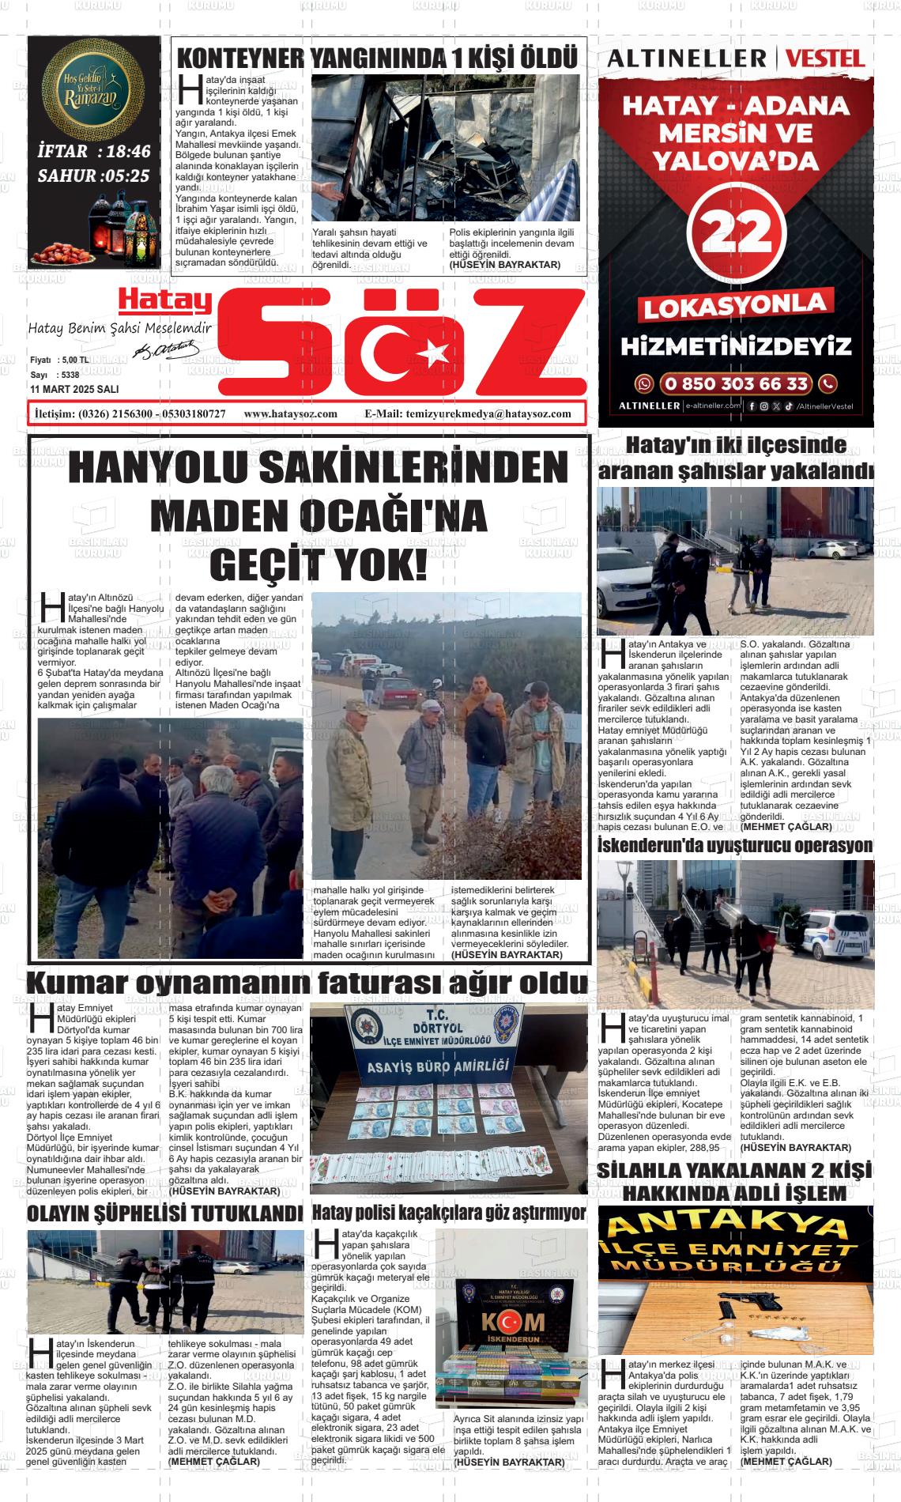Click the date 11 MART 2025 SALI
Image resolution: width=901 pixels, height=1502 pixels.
(x=74, y=390)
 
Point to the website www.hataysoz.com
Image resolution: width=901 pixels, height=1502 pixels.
(x=291, y=413)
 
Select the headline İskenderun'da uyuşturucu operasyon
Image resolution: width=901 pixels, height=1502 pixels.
(x=735, y=846)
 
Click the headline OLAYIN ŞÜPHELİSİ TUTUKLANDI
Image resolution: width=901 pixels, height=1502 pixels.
(x=164, y=1213)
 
